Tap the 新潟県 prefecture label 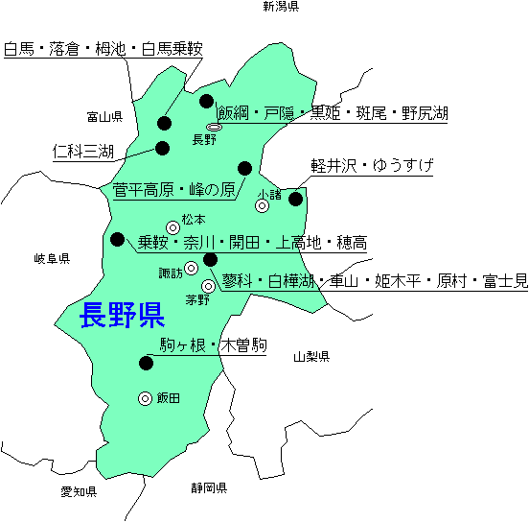click(x=281, y=7)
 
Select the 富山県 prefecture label click(x=104, y=118)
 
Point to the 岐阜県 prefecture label click(x=52, y=259)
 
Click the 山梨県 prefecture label click(x=311, y=357)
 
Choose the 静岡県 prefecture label click(x=208, y=487)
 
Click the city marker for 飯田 click(x=146, y=398)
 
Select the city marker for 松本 click(x=172, y=227)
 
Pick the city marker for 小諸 click(x=262, y=205)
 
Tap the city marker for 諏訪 click(x=191, y=268)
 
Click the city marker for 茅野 click(x=208, y=286)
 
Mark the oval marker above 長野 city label click(x=215, y=127)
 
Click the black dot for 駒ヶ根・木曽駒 click(x=147, y=363)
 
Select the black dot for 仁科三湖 click(x=162, y=148)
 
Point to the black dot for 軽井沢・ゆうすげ click(x=295, y=199)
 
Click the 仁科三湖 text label click(x=83, y=152)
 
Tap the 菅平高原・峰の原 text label click(x=173, y=189)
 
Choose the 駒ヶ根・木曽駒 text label click(x=213, y=344)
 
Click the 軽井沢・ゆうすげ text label click(x=372, y=164)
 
